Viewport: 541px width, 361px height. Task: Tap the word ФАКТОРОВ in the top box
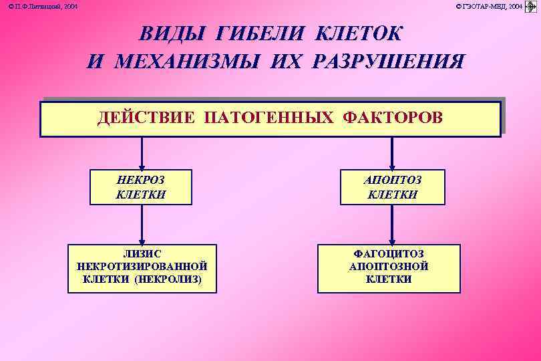point(392,118)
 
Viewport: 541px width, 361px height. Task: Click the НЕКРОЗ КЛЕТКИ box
point(140,187)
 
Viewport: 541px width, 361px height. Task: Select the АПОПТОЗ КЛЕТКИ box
point(392,187)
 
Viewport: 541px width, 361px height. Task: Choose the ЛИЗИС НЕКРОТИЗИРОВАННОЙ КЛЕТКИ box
point(142,267)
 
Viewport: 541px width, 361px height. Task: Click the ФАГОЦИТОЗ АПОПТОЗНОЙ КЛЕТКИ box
point(389,267)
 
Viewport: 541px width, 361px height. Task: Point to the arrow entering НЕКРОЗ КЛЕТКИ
point(141,154)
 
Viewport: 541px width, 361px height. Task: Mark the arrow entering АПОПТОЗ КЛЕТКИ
point(392,154)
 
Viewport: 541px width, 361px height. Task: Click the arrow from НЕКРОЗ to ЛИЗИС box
point(141,224)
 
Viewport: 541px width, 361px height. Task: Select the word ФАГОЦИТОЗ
point(389,254)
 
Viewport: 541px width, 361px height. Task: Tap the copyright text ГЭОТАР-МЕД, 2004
point(489,6)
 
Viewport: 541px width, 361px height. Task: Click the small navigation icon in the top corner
point(532,7)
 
